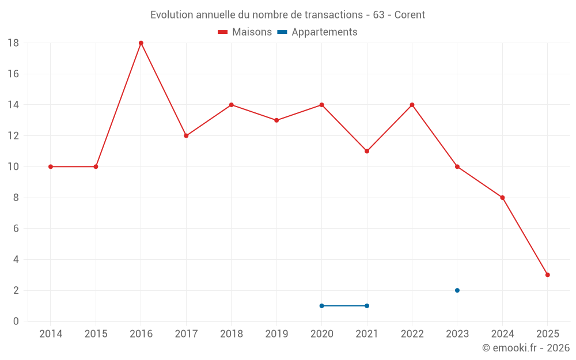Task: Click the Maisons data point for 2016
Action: [x=141, y=43]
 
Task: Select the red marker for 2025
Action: [x=547, y=275]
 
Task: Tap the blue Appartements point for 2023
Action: [x=457, y=290]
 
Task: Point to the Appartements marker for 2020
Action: [x=321, y=306]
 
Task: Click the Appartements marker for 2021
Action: [x=367, y=306]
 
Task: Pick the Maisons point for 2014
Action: [x=51, y=166]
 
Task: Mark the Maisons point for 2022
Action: [x=412, y=105]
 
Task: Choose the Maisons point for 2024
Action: [x=502, y=198]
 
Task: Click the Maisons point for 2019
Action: [x=276, y=120]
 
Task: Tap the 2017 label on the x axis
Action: [x=186, y=334]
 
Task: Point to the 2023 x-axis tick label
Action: [x=457, y=334]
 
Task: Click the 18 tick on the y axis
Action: [x=13, y=43]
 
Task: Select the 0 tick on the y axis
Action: [x=16, y=321]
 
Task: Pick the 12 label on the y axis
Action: [x=13, y=136]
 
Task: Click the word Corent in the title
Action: [x=410, y=14]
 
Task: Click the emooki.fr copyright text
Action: [x=526, y=348]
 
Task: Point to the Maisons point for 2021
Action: [x=367, y=151]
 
